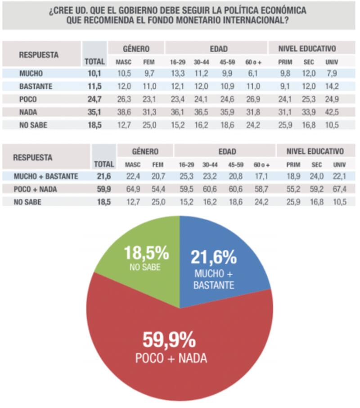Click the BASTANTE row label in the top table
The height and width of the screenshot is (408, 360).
click(x=38, y=86)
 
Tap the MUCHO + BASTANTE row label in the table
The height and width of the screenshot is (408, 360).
click(x=45, y=176)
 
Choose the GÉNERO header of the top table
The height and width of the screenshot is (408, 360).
click(x=136, y=49)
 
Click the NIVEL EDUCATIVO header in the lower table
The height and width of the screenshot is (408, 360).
click(x=315, y=152)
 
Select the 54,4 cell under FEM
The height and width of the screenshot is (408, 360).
click(x=157, y=189)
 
